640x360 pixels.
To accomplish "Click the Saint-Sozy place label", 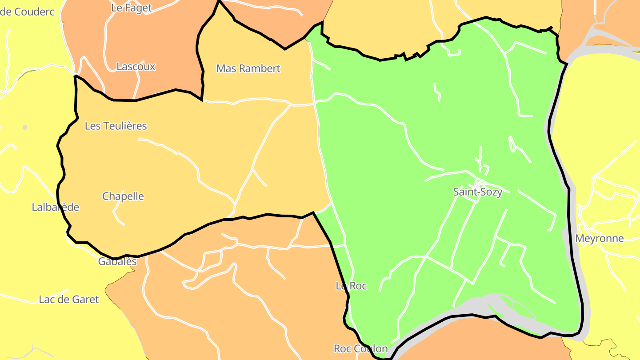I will tap(477, 192).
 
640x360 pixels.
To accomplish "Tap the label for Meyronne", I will tap(599, 239).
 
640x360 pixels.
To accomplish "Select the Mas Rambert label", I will tap(248, 68).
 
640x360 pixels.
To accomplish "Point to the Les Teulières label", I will tap(116, 126).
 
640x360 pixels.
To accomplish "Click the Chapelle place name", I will tap(123, 196).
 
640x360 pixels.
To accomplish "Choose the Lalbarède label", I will tap(56, 207).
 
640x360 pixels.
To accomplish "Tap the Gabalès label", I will tap(117, 261).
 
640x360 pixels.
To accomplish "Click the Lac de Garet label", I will tap(69, 300).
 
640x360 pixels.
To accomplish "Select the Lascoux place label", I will tap(136, 67).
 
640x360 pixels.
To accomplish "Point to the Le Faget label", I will tap(131, 8).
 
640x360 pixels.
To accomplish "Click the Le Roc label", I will tap(351, 286).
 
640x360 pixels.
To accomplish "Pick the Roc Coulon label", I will tap(360, 348).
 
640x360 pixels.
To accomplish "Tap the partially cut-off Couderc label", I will tap(28, 12).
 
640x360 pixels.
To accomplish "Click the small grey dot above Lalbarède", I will tap(25, 128).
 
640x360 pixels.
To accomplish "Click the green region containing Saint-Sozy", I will tap(422, 133).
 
